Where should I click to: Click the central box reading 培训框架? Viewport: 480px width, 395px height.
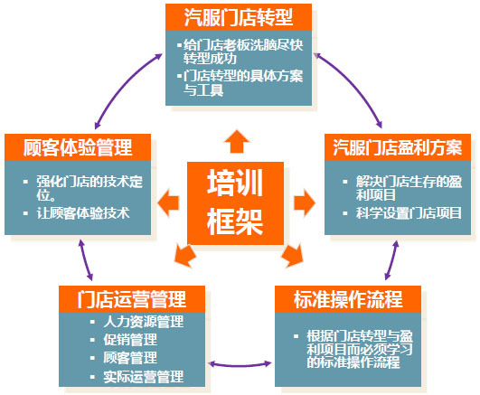(x=235, y=203)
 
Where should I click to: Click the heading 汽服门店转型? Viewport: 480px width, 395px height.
(x=239, y=17)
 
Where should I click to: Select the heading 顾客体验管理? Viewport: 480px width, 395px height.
(x=78, y=147)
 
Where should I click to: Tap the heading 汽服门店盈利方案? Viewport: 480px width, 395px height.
(x=398, y=147)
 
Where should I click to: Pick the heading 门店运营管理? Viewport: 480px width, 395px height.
(x=132, y=299)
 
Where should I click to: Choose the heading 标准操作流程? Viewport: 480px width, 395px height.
(x=348, y=299)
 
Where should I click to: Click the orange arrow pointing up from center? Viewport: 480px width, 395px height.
(x=237, y=141)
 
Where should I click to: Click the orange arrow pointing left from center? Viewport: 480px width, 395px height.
(x=168, y=202)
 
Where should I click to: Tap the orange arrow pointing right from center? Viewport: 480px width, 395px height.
(x=305, y=202)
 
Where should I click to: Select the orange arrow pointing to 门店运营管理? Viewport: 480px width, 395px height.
(x=185, y=256)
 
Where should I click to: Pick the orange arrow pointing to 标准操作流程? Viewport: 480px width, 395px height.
(x=292, y=256)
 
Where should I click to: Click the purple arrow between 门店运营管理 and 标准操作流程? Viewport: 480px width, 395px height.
(x=240, y=365)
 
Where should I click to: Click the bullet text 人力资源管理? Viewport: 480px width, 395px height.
(x=144, y=322)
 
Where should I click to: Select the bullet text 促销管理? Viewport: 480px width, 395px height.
(x=130, y=340)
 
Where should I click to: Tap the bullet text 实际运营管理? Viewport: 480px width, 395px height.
(x=144, y=377)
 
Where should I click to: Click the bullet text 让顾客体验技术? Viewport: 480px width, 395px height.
(x=83, y=213)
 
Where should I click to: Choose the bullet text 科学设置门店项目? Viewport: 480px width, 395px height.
(x=409, y=213)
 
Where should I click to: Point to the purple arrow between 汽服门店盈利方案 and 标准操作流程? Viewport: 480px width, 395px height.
(x=391, y=260)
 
